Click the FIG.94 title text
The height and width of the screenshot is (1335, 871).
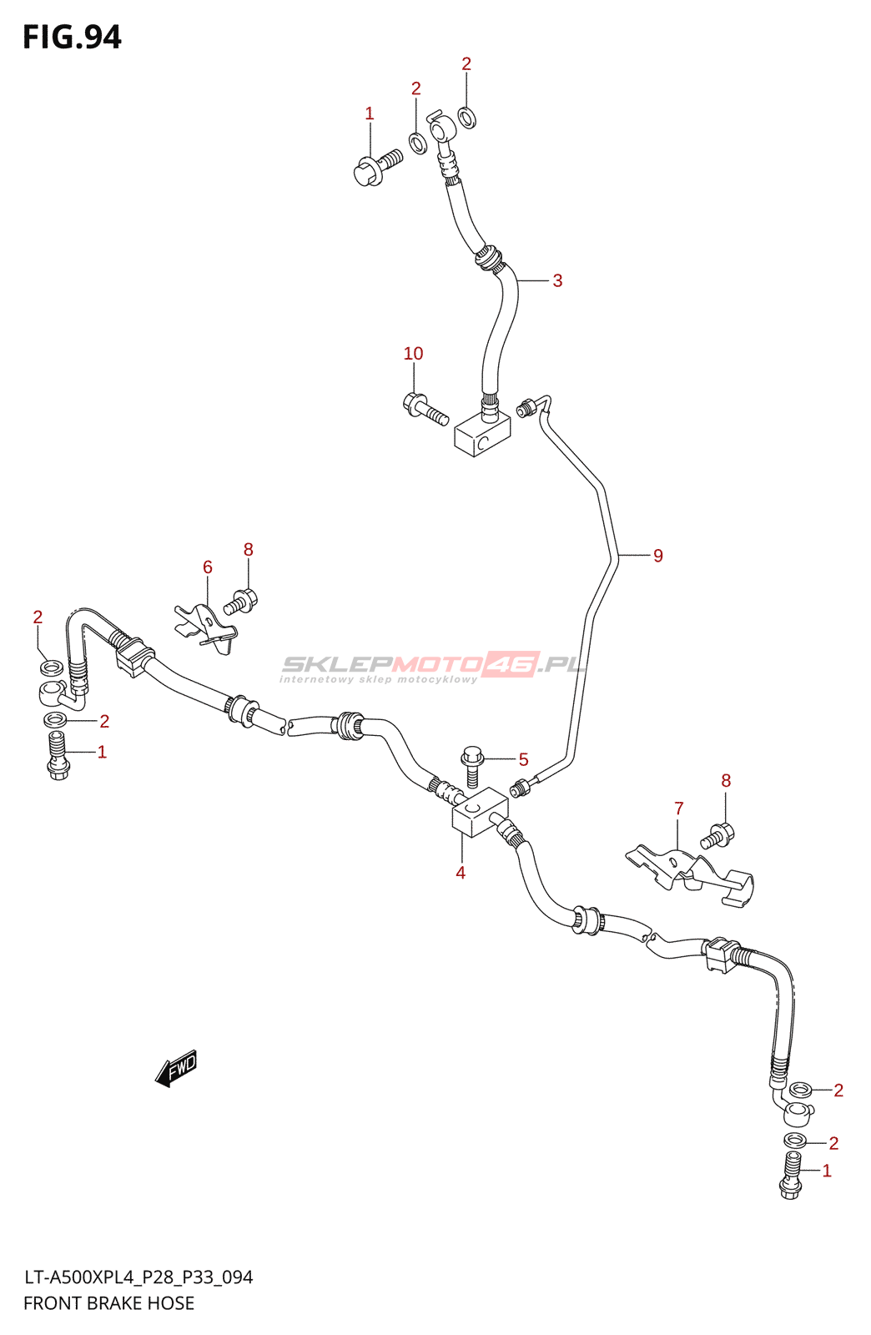(72, 38)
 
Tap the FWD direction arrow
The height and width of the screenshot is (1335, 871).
(176, 1068)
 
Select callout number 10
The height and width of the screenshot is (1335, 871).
(413, 354)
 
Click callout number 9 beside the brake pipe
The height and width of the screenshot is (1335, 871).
(657, 556)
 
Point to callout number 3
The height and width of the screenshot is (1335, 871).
(557, 281)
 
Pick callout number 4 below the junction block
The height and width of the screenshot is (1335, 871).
(461, 873)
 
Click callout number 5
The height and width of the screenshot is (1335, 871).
(523, 759)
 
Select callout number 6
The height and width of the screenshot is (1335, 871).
(208, 567)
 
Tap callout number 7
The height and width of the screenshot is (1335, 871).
(679, 809)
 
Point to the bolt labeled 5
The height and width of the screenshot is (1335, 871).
(472, 765)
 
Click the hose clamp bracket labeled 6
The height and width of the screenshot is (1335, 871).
(205, 627)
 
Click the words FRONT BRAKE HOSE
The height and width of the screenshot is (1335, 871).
(108, 1303)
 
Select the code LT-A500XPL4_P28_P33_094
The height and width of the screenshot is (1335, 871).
(138, 1277)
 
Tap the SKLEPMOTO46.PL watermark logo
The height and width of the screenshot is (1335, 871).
(433, 666)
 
